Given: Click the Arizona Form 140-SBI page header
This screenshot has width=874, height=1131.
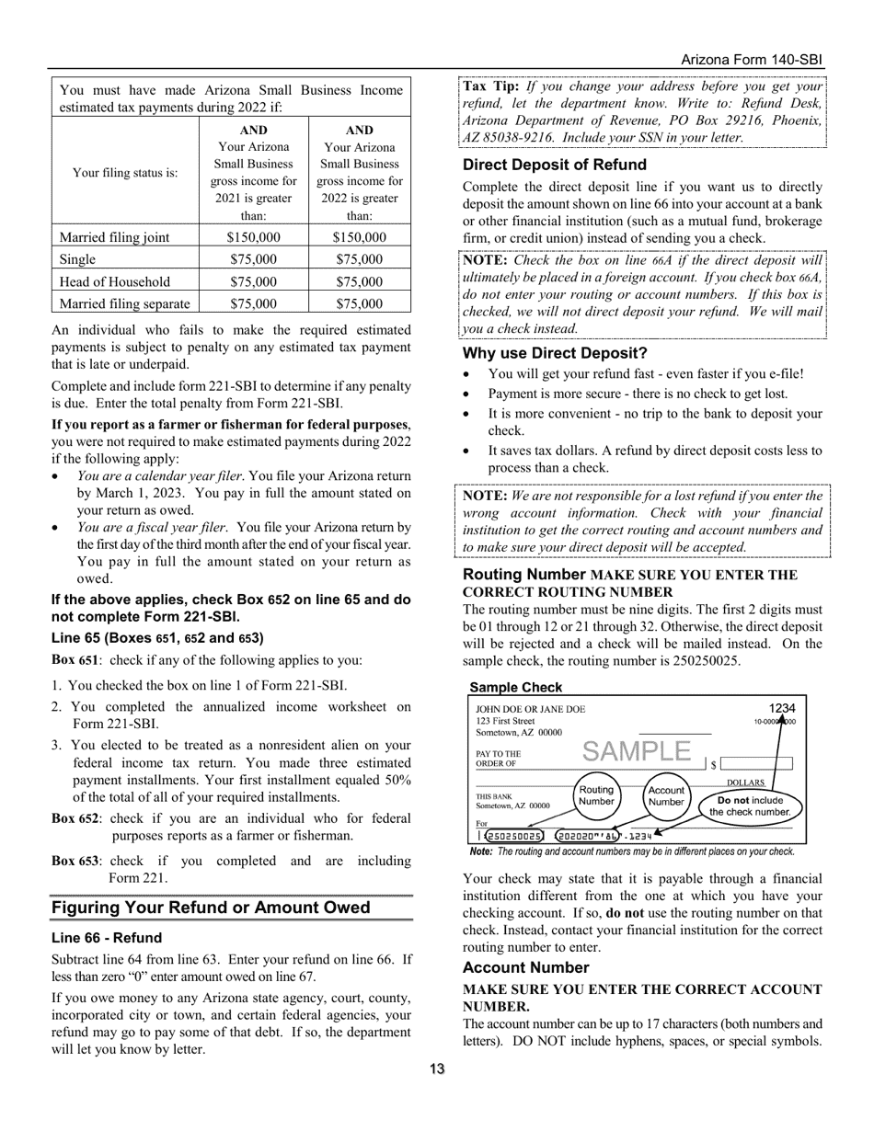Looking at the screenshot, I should [751, 60].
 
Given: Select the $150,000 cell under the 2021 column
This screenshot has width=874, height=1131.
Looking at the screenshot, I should [253, 237].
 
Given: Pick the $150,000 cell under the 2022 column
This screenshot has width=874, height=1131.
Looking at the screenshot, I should [359, 237].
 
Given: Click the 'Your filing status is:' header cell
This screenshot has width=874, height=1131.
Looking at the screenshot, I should [125, 172].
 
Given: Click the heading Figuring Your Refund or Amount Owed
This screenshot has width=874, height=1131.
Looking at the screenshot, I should [211, 908].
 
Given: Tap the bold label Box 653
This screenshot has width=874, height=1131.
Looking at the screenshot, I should [75, 861].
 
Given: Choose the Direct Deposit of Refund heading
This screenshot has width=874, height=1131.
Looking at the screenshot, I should [554, 165].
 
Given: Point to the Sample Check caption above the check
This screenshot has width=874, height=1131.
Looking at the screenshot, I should [515, 687].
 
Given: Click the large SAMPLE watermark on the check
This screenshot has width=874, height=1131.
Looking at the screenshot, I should [636, 752].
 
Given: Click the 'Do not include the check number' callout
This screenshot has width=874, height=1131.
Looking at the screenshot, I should [754, 806].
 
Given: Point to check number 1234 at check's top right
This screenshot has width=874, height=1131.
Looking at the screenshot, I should [782, 708].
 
